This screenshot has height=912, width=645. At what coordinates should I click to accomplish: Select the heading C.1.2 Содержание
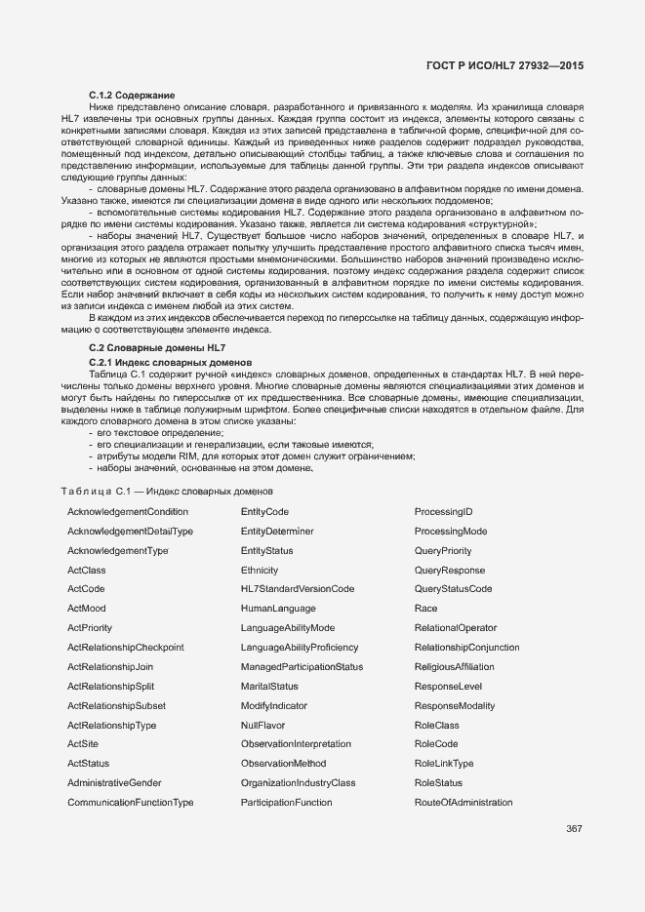(x=125, y=93)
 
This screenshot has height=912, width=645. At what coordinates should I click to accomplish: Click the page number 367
(x=574, y=830)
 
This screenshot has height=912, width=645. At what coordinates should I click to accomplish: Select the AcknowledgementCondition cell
(x=128, y=512)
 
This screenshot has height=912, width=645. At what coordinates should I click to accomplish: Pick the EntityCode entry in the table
(x=264, y=512)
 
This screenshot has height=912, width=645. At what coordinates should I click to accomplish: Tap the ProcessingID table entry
(x=443, y=512)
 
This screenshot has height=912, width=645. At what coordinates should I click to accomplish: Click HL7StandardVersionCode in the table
(x=298, y=589)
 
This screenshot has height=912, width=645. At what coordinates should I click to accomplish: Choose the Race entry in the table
(x=425, y=609)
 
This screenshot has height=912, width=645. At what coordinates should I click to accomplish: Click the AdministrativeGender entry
(x=114, y=783)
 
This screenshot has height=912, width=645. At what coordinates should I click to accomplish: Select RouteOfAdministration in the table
(x=464, y=803)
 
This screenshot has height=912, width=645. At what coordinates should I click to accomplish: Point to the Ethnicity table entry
(x=260, y=571)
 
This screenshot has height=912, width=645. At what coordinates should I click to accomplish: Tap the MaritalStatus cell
(x=269, y=687)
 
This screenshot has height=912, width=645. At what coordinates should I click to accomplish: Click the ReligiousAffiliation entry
(x=454, y=667)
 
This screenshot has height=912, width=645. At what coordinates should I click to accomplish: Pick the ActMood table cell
(x=87, y=609)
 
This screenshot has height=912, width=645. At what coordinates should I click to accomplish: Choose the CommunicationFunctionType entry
(x=131, y=803)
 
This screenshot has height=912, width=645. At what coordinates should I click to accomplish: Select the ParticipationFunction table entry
(x=287, y=803)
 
